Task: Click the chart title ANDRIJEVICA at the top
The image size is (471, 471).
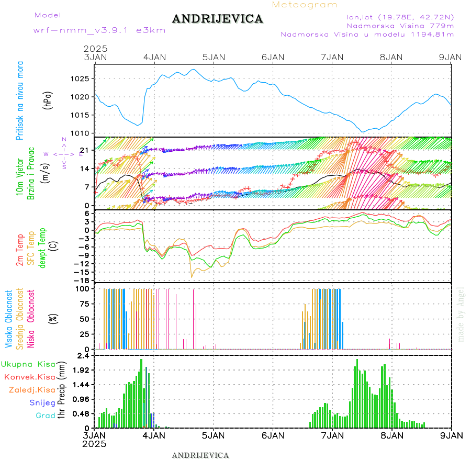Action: (217, 19)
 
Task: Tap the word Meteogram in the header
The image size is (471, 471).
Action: (305, 5)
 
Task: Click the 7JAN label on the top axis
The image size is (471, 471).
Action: (332, 57)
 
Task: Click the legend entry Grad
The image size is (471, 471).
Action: (46, 416)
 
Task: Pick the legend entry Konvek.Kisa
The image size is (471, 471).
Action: (29, 377)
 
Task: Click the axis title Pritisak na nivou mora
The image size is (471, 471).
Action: (20, 102)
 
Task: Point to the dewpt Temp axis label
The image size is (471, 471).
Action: (43, 248)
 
